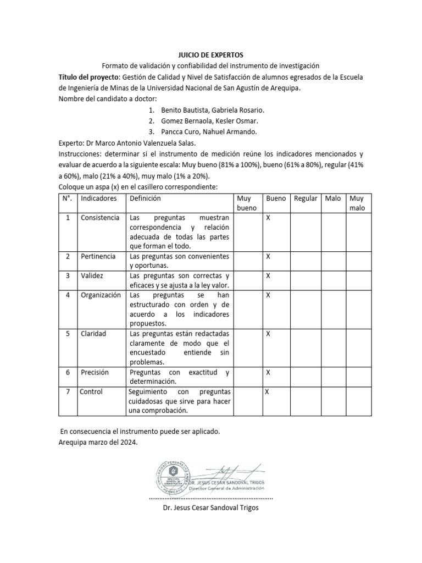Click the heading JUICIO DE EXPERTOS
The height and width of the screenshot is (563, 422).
click(210, 55)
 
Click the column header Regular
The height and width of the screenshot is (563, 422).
click(306, 198)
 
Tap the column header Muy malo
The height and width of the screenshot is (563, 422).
click(357, 203)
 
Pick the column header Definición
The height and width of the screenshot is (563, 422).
click(145, 198)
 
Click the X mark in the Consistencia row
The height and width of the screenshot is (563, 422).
click(268, 218)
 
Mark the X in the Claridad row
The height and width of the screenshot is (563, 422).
click(268, 334)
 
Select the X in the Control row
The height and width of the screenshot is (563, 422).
click(267, 391)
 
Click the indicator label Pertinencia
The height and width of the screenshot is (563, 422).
click(98, 257)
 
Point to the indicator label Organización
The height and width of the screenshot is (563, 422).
click(100, 295)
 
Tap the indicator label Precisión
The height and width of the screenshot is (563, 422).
click(95, 372)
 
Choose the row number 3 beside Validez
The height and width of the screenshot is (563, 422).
click(68, 276)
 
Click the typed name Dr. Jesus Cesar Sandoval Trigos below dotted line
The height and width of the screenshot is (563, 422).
click(210, 507)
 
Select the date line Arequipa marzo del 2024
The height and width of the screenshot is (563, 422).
click(98, 441)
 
